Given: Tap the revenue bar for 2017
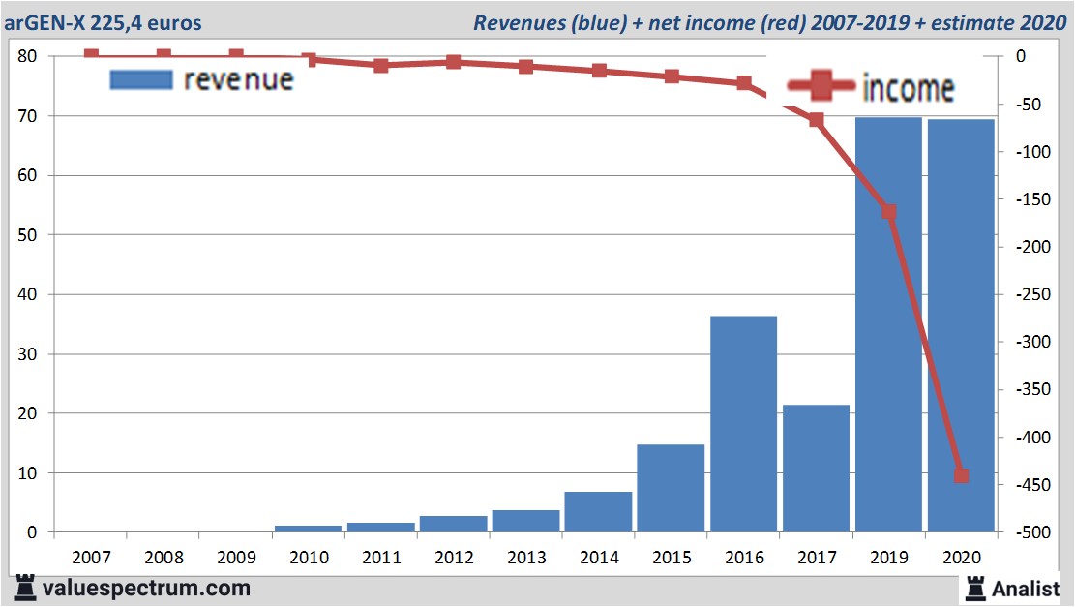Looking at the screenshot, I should tap(816, 469).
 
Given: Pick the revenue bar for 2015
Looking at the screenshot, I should tap(671, 488).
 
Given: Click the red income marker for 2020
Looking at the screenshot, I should tap(961, 475).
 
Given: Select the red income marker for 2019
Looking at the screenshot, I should tap(888, 212).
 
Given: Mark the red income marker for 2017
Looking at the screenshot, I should tap(816, 120).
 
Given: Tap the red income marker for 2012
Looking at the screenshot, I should tap(453, 62).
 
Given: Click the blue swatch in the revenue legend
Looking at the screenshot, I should tap(141, 79).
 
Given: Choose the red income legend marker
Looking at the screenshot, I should tap(821, 88).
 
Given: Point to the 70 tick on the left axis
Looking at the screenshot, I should tap(26, 116).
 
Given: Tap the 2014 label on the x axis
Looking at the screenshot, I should tap(598, 559).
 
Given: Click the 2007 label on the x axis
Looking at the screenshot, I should tap(91, 559).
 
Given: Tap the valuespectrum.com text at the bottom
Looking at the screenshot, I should tap(145, 588).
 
